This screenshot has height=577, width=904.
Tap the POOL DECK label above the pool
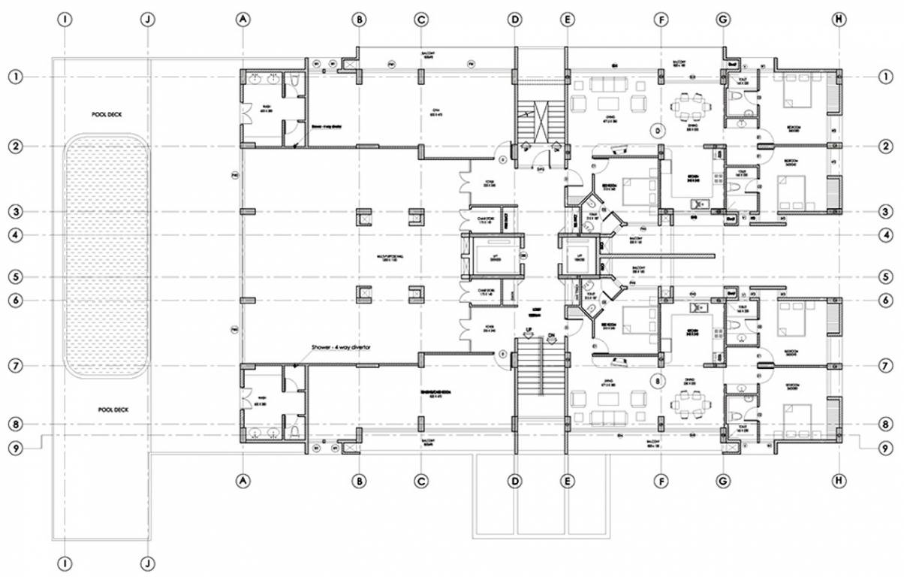pos(110,114)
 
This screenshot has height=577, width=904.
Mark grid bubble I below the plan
pos(66,561)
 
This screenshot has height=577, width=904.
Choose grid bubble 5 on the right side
pos(887,277)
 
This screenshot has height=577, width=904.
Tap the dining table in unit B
pos(689,404)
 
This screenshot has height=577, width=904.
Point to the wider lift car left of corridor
pos(493,257)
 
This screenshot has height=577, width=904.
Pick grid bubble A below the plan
pos(242,479)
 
